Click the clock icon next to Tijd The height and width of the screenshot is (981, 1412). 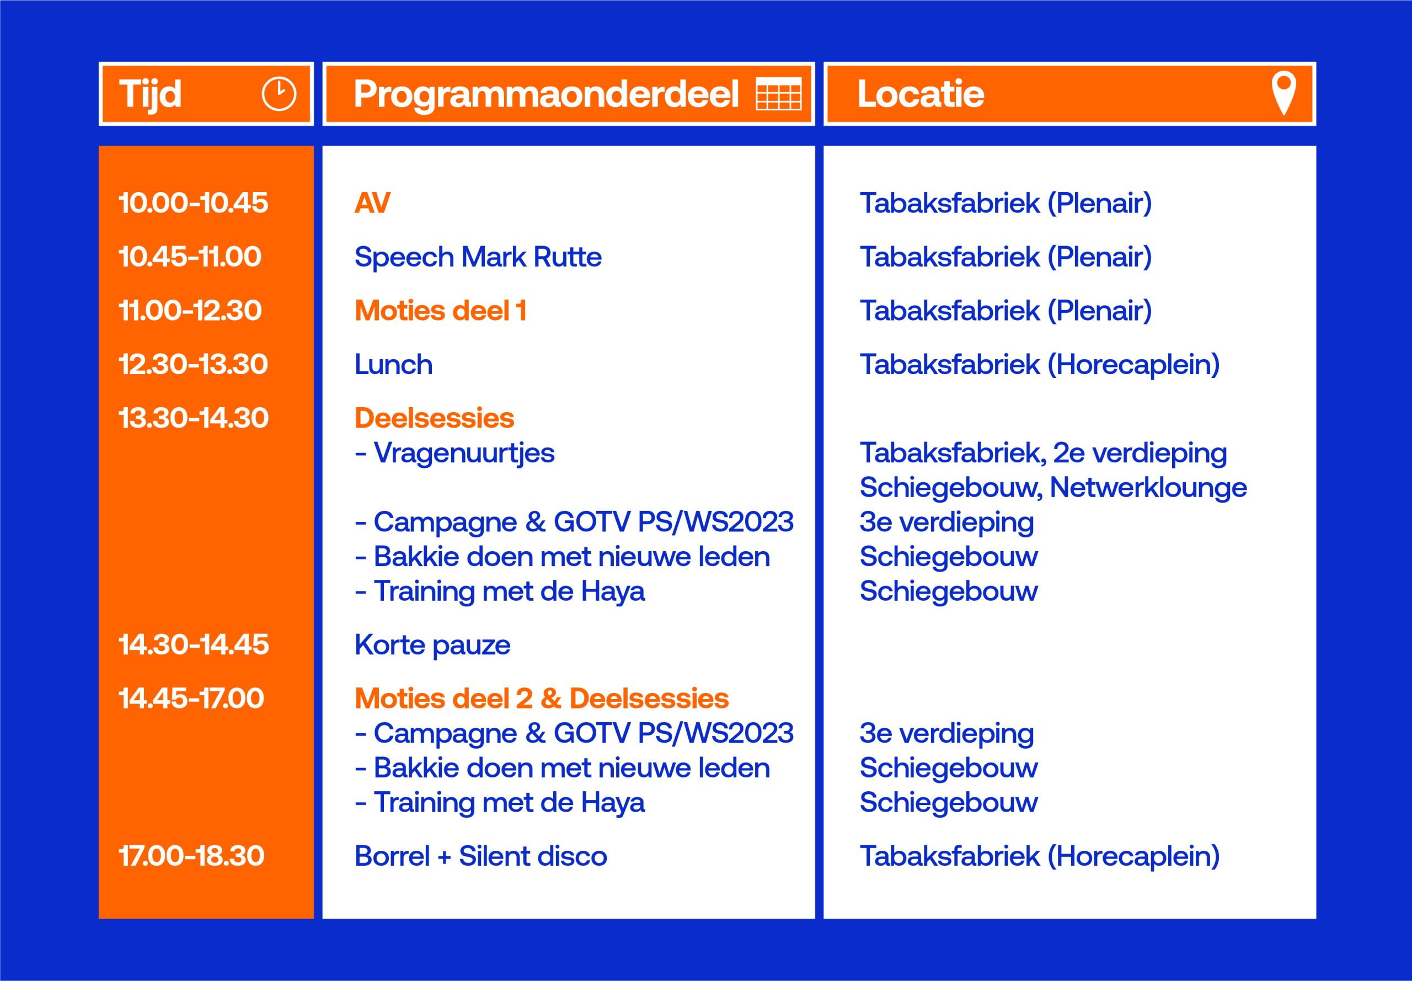pos(279,94)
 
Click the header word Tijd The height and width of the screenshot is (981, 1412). pos(151,94)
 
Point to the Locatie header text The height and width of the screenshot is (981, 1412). pos(921,94)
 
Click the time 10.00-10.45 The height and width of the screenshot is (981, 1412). pos(193,203)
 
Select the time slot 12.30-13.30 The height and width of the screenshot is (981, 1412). pos(193,365)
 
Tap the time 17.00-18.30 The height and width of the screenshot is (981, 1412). pos(191,856)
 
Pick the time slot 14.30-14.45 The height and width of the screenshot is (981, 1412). pos(194,645)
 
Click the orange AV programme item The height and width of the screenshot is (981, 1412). pos(372,203)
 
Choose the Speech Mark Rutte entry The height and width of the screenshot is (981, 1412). pos(478,257)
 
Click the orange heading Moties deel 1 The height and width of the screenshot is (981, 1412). pos(441,311)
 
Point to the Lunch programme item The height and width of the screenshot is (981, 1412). pos(393,365)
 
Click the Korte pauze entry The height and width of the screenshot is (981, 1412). pos(432,645)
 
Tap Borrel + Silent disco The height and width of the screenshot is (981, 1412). pos(480,856)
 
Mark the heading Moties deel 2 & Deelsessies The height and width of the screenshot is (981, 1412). pos(541,699)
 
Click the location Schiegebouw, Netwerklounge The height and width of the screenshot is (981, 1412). pos(1053,487)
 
